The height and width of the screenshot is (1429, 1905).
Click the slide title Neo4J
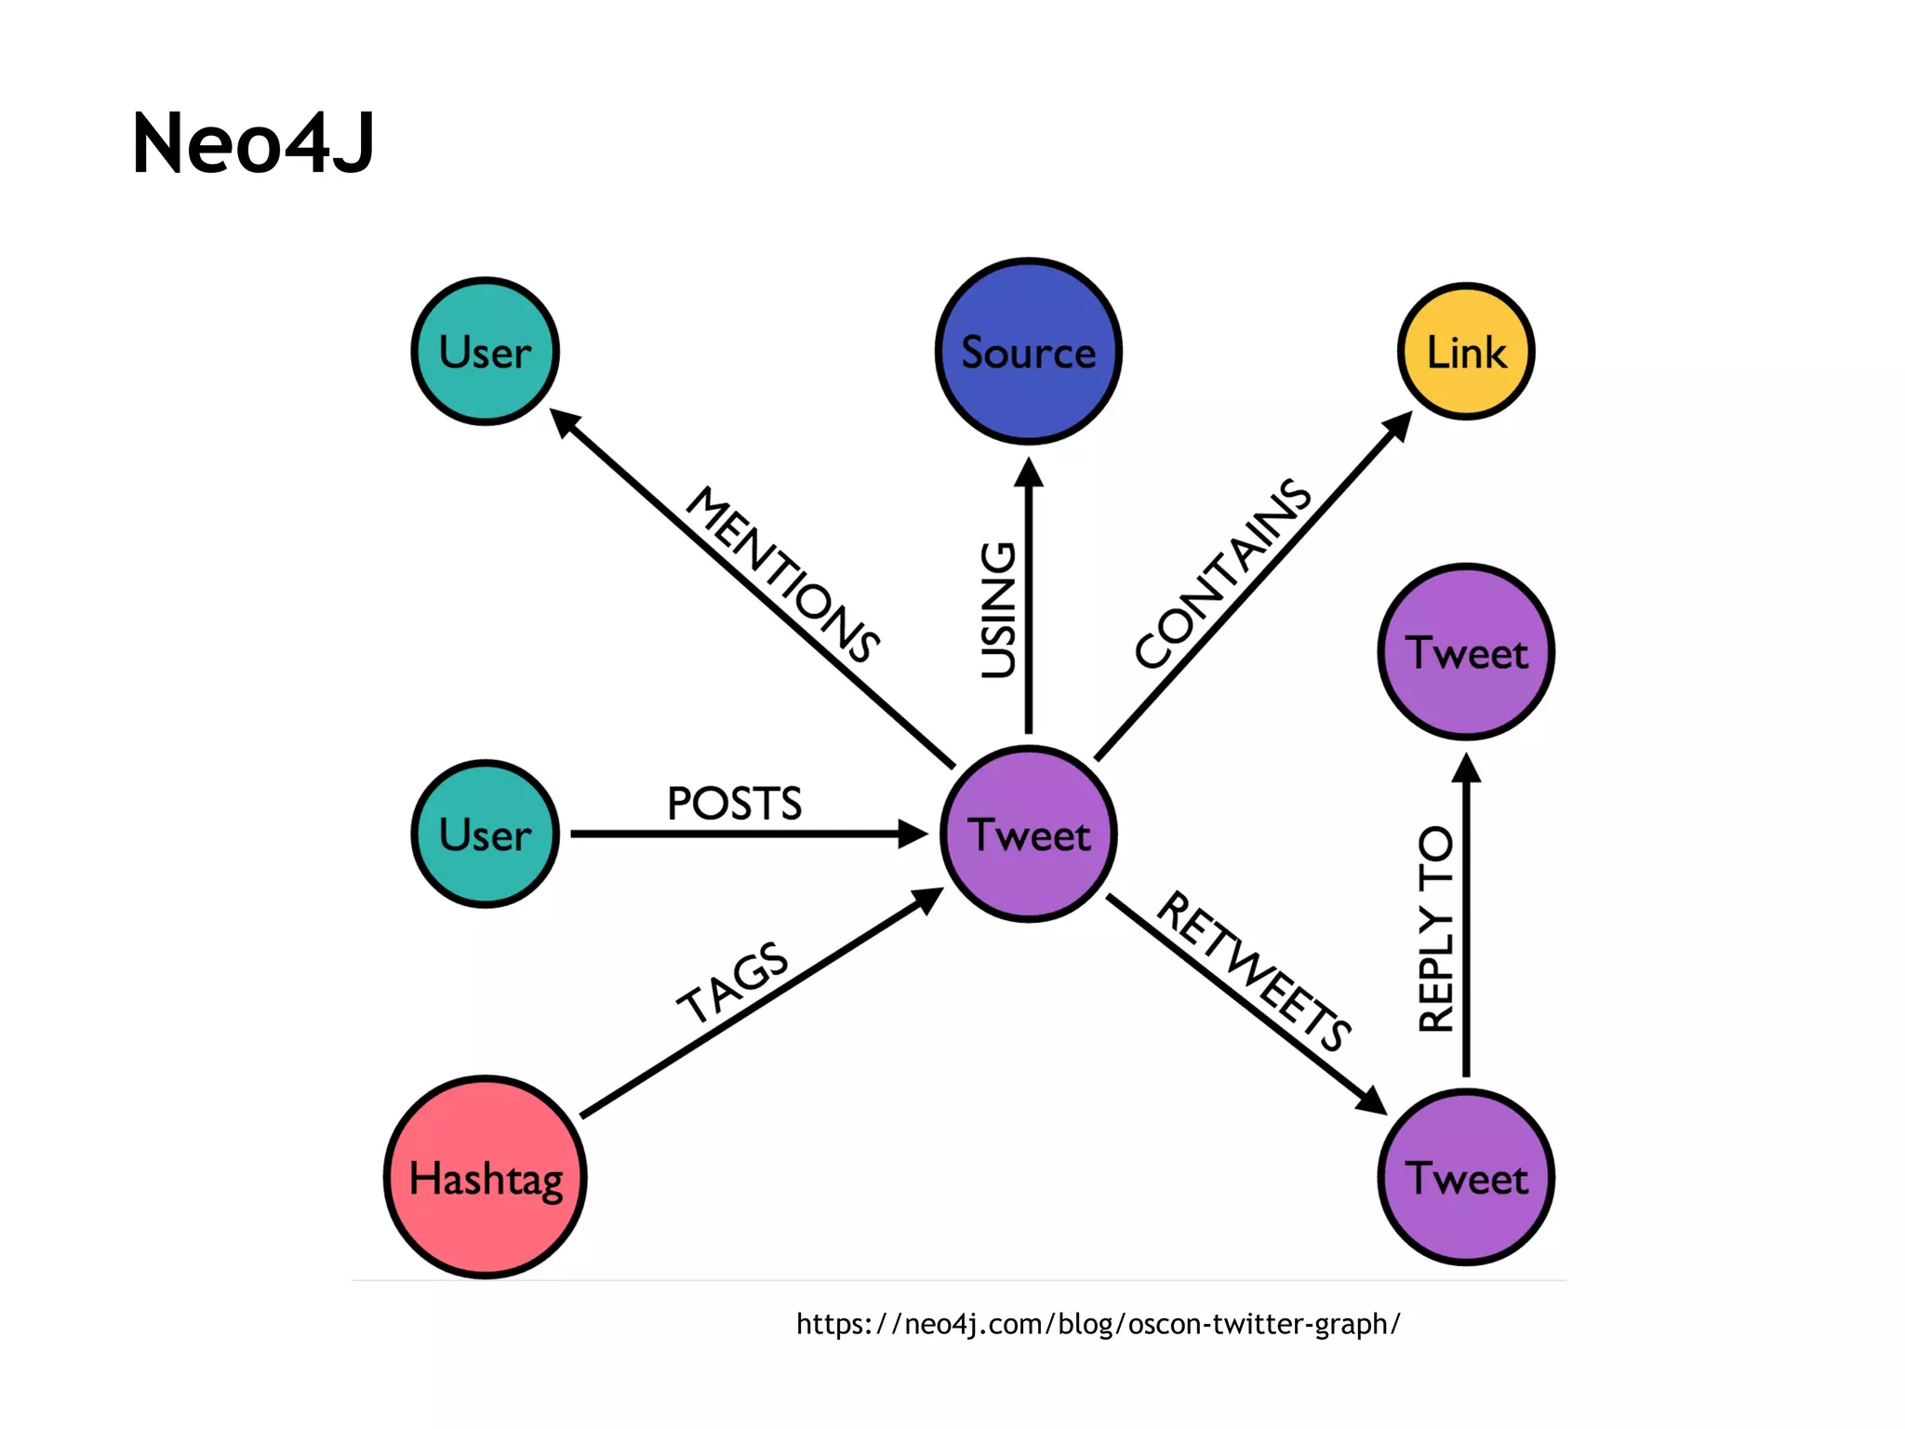tap(253, 143)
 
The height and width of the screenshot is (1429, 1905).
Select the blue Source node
tap(1028, 352)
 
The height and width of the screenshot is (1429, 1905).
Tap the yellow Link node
tap(1466, 352)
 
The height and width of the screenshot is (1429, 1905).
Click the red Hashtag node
tap(486, 1178)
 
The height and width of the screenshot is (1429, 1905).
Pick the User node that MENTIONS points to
tap(486, 352)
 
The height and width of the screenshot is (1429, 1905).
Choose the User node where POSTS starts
tap(486, 834)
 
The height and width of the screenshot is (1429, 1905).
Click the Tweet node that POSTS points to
tap(1028, 834)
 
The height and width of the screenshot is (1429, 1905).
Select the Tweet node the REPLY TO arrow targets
tap(1466, 652)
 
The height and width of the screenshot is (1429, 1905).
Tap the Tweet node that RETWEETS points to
tap(1466, 1178)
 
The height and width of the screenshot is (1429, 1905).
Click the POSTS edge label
tap(734, 804)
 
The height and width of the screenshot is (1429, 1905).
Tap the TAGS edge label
tap(733, 982)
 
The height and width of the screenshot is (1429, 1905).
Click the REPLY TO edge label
tap(1436, 928)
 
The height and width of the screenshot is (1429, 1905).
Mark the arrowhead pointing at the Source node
tap(1028, 473)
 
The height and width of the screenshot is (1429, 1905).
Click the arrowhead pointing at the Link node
tap(1398, 426)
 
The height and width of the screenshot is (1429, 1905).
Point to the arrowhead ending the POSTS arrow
tap(913, 834)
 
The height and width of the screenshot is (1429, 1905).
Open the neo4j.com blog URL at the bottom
tap(1098, 1324)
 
